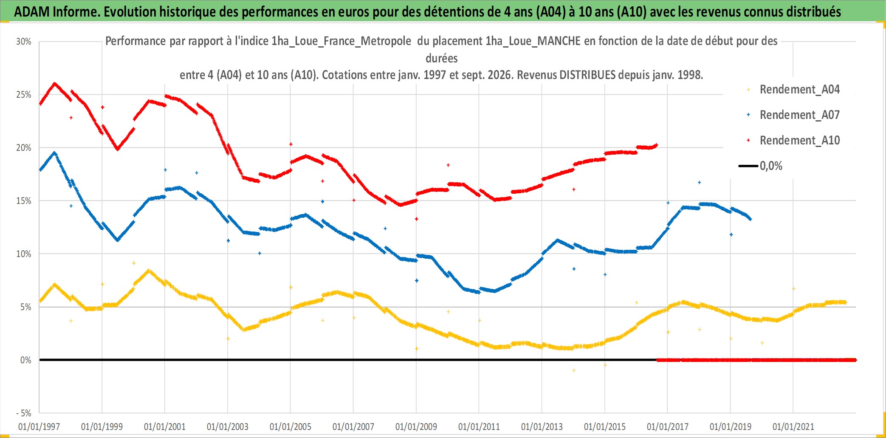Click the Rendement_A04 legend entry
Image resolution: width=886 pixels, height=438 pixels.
pyautogui.click(x=793, y=90)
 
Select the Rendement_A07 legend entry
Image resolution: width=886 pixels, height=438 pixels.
pyautogui.click(x=793, y=115)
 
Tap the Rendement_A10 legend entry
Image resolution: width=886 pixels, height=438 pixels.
pyautogui.click(x=793, y=141)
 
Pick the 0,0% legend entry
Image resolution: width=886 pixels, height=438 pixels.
pyautogui.click(x=761, y=166)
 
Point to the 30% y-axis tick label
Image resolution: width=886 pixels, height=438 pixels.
pyautogui.click(x=24, y=42)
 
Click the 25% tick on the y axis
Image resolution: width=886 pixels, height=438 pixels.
pyautogui.click(x=24, y=95)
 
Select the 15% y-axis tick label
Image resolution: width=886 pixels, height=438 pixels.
pyautogui.click(x=24, y=201)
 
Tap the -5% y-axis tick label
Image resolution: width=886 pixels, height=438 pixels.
pyautogui.click(x=24, y=413)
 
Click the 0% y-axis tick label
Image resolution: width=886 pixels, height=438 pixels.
pyautogui.click(x=26, y=360)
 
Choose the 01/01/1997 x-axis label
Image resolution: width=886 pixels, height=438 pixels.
pyautogui.click(x=39, y=427)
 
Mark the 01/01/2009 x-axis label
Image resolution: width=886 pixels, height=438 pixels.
pyautogui.click(x=416, y=427)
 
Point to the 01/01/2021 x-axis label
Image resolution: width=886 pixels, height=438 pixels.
pyautogui.click(x=793, y=427)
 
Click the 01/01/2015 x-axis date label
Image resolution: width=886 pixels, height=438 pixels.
pyautogui.click(x=605, y=427)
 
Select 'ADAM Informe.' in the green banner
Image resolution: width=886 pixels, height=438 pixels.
pyautogui.click(x=57, y=11)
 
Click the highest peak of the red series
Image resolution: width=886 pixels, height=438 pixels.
pyautogui.click(x=54, y=83)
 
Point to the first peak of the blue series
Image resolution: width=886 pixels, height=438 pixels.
pyautogui.click(x=54, y=153)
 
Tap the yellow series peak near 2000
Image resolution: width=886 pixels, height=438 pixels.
pyautogui.click(x=148, y=270)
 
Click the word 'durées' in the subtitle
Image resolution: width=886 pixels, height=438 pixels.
pyautogui.click(x=442, y=58)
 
